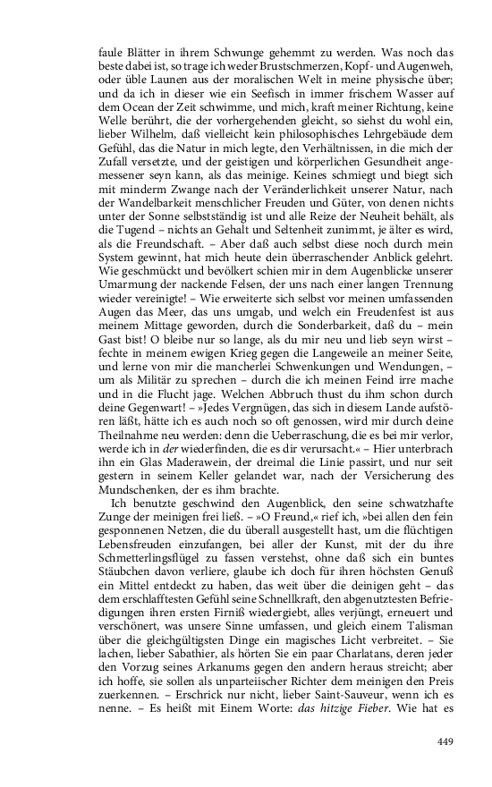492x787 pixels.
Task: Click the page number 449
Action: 446,741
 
